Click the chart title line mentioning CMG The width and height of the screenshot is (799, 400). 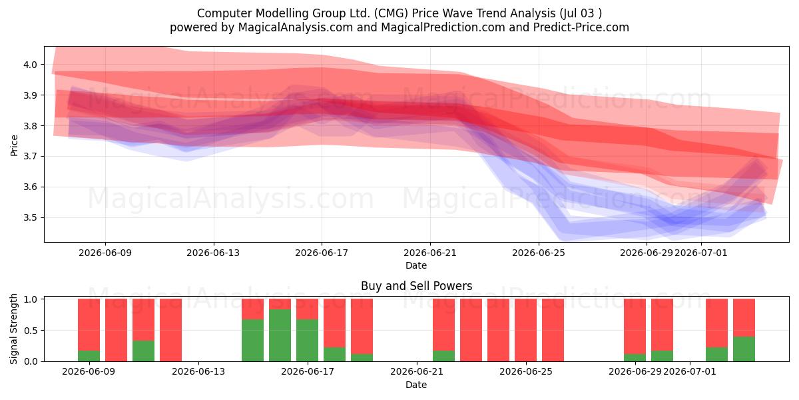(399, 13)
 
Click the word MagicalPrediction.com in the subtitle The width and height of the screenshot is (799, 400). (443, 27)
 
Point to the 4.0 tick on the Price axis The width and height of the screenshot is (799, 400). (31, 65)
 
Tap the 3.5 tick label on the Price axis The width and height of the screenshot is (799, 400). (31, 217)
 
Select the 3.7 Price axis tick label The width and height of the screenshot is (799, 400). (31, 157)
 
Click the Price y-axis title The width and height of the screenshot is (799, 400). (14, 145)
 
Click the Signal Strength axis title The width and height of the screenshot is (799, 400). (13, 329)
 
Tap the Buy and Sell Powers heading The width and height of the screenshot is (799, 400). (416, 286)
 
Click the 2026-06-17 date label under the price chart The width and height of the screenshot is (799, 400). (322, 253)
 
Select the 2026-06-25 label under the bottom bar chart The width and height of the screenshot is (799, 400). (526, 371)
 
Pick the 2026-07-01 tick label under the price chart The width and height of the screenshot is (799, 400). (701, 253)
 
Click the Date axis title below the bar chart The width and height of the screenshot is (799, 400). (416, 385)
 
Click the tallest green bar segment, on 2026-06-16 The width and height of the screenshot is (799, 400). (280, 335)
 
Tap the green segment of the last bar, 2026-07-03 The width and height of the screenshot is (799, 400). (744, 349)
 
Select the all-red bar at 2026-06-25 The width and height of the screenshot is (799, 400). (553, 330)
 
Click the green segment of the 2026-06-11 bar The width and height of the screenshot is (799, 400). (143, 351)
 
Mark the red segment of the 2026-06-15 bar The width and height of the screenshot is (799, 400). (252, 309)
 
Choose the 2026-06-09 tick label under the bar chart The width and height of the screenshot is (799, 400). (89, 371)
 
